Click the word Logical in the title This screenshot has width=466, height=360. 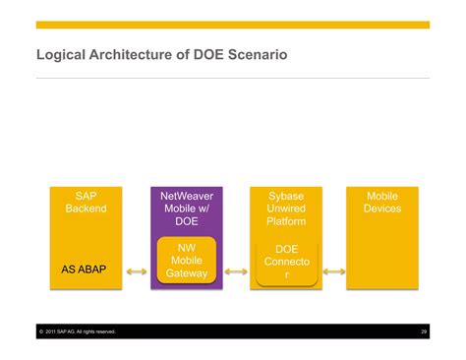pos(62,55)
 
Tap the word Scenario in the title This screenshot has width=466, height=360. pos(255,55)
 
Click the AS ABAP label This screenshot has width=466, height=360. pos(85,269)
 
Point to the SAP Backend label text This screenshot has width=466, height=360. pos(85,203)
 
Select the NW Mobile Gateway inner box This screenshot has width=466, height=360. pos(187,261)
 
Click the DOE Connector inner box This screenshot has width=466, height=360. pos(286,263)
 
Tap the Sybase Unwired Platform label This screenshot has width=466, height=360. pos(286,209)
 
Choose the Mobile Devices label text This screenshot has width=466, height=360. pos(382,203)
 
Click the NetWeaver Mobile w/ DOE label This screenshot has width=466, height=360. pos(187,209)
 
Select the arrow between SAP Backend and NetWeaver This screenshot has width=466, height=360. pos(137,270)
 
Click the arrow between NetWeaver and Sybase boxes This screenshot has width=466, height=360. pos(236,270)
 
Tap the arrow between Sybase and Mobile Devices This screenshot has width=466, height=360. pos(334,270)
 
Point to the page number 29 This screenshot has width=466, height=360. pos(424,331)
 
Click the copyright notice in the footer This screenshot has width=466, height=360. pos(79,331)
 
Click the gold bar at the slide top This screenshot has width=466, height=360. pos(233,25)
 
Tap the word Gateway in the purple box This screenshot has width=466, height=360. pos(187,273)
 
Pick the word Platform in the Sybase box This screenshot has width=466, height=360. pos(286,221)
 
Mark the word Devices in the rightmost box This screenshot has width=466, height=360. pos(382,209)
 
